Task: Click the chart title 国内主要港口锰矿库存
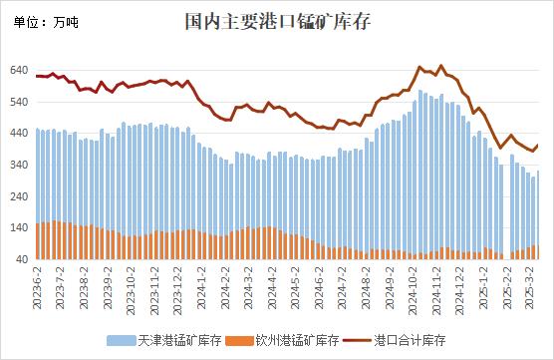277,21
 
